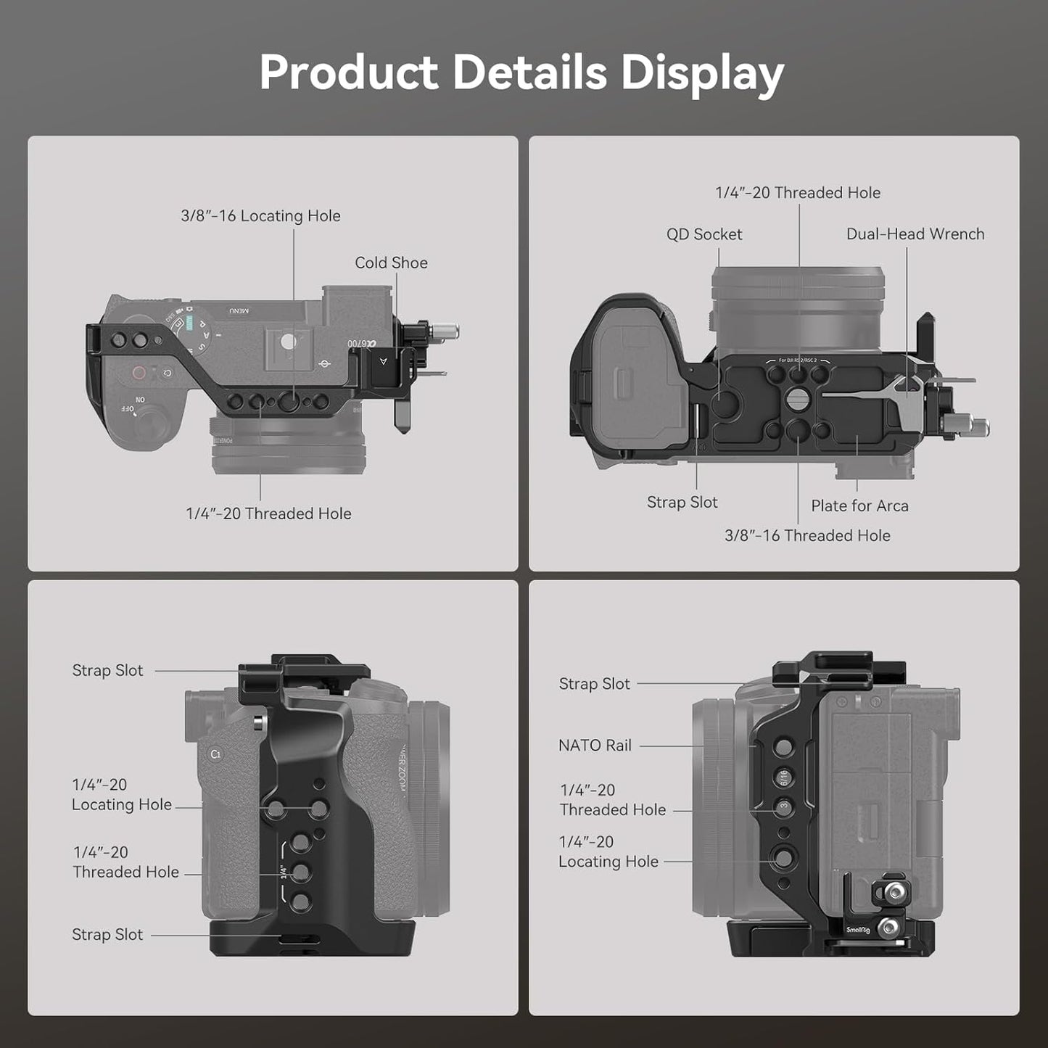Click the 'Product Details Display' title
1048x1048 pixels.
pyautogui.click(x=522, y=73)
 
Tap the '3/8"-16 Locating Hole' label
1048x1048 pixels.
pyautogui.click(x=260, y=216)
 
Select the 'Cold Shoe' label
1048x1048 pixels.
pyautogui.click(x=391, y=263)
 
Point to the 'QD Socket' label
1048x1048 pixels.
pyautogui.click(x=704, y=234)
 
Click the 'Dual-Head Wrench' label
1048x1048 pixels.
pyautogui.click(x=915, y=234)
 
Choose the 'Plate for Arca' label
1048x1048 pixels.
pyautogui.click(x=859, y=506)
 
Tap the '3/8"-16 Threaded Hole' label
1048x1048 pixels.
pyautogui.click(x=807, y=536)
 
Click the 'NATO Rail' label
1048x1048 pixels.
pyautogui.click(x=595, y=746)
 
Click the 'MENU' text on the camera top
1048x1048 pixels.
pyautogui.click(x=239, y=310)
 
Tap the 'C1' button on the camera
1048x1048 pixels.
pyautogui.click(x=215, y=754)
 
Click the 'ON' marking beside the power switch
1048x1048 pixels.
pyautogui.click(x=140, y=400)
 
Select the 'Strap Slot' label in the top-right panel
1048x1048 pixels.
pyautogui.click(x=682, y=503)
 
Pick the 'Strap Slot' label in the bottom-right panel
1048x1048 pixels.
pyautogui.click(x=594, y=684)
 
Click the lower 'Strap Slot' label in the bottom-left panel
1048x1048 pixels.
pyautogui.click(x=107, y=935)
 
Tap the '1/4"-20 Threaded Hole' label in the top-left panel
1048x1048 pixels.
pyautogui.click(x=268, y=513)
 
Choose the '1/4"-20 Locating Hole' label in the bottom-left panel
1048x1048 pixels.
pyautogui.click(x=121, y=795)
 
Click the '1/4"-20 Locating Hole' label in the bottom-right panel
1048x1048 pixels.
pyautogui.click(x=608, y=852)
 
